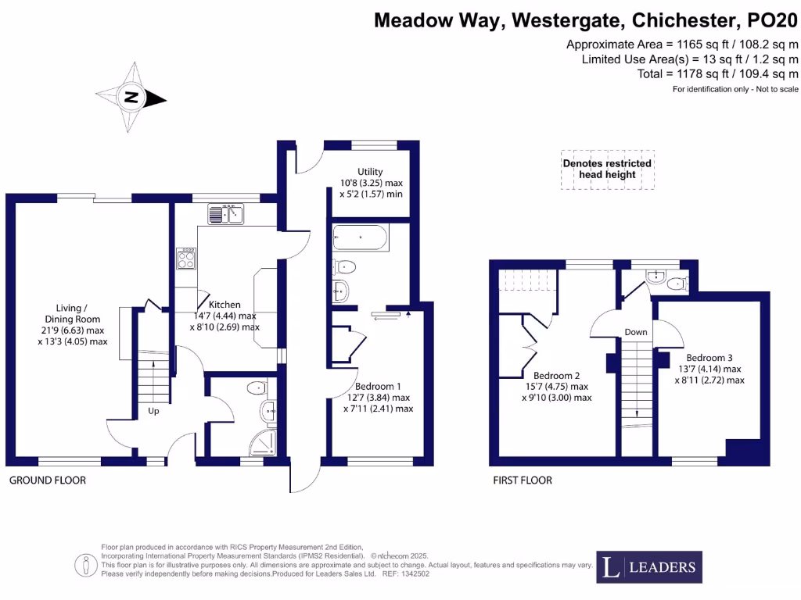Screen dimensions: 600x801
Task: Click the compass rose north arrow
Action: click(132, 98)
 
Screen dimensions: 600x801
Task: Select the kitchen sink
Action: click(227, 212)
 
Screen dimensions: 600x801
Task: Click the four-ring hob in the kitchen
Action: click(188, 259)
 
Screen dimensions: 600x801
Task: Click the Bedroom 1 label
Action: click(378, 387)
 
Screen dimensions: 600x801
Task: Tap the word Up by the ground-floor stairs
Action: click(153, 411)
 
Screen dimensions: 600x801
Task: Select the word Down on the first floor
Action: click(636, 332)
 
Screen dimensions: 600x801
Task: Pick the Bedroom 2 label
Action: click(557, 374)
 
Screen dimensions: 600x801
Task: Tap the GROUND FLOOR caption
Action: click(48, 480)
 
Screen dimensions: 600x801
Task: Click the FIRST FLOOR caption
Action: click(522, 480)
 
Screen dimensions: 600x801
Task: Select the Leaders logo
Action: click(649, 566)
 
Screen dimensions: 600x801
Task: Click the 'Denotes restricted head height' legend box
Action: click(607, 170)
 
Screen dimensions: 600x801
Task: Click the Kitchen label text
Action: click(224, 305)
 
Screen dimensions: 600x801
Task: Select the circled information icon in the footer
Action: click(84, 565)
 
